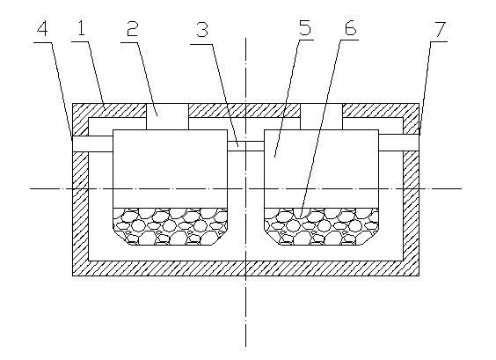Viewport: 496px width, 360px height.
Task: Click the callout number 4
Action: (x=42, y=29)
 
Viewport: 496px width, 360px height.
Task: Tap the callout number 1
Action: (x=82, y=28)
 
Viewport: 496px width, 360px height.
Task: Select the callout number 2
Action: (x=133, y=28)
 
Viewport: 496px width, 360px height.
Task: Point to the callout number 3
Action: (x=202, y=29)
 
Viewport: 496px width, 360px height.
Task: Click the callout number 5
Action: (x=305, y=27)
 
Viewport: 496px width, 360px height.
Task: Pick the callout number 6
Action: (x=351, y=28)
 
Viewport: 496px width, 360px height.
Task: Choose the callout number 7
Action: (x=440, y=29)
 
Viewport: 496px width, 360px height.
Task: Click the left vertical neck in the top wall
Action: (x=167, y=116)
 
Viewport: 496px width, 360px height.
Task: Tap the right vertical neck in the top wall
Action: (x=321, y=116)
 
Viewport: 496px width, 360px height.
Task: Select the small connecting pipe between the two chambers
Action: (x=245, y=146)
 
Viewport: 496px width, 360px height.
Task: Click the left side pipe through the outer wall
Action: (x=92, y=144)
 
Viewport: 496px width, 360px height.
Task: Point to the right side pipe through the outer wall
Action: (x=399, y=143)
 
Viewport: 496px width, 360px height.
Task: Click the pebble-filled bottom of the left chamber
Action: (x=171, y=226)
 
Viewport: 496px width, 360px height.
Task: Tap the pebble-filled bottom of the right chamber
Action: (x=321, y=226)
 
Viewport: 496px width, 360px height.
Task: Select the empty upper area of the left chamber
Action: (x=171, y=169)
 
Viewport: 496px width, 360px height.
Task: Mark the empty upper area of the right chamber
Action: (x=321, y=169)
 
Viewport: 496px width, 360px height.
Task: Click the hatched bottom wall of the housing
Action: (x=245, y=268)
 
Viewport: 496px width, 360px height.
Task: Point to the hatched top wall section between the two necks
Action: (x=244, y=111)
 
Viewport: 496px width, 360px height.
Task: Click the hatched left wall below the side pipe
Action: (x=80, y=214)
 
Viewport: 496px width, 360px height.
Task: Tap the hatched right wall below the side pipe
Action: (x=412, y=213)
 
